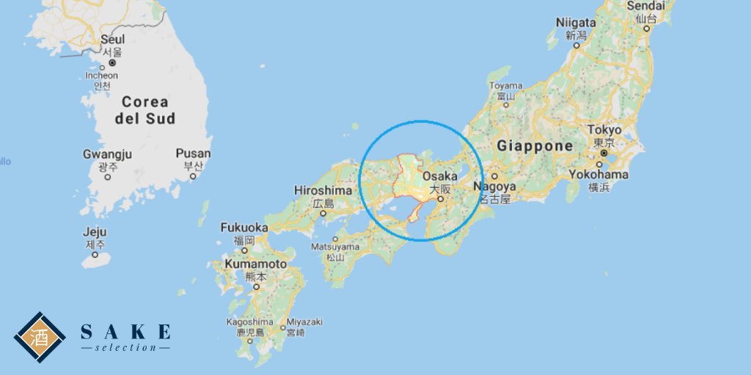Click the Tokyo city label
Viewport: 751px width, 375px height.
tap(604, 130)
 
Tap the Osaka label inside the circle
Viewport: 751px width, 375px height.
tap(440, 177)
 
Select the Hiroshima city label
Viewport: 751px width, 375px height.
tap(323, 190)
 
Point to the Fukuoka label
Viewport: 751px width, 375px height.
tap(244, 228)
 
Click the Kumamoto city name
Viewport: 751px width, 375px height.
tap(256, 264)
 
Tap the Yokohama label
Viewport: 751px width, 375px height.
tap(598, 175)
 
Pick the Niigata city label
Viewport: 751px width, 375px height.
tap(576, 23)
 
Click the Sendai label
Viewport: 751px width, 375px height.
tap(646, 6)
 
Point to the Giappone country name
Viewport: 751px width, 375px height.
tap(535, 146)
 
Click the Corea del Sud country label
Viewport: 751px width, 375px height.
tap(144, 110)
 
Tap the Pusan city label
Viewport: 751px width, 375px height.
tap(193, 154)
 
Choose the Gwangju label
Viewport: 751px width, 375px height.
tap(107, 155)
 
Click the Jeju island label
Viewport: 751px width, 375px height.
tap(95, 232)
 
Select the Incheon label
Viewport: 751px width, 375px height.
tap(101, 75)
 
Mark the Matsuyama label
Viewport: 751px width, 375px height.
tap(335, 248)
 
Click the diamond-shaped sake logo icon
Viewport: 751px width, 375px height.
tap(40, 337)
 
